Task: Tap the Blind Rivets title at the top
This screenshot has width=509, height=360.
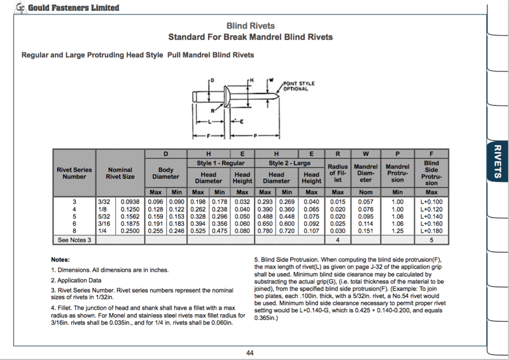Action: tap(250, 26)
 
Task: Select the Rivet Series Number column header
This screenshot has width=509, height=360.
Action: tap(74, 173)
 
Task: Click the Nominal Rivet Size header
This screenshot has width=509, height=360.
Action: tap(120, 173)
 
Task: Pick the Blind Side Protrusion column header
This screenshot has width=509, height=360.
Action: tap(431, 173)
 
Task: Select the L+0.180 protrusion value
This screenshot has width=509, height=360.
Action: tap(431, 232)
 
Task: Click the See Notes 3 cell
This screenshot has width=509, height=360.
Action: tap(74, 240)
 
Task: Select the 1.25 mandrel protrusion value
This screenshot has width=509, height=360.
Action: tap(398, 232)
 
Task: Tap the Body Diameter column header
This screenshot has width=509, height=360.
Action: tap(165, 173)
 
